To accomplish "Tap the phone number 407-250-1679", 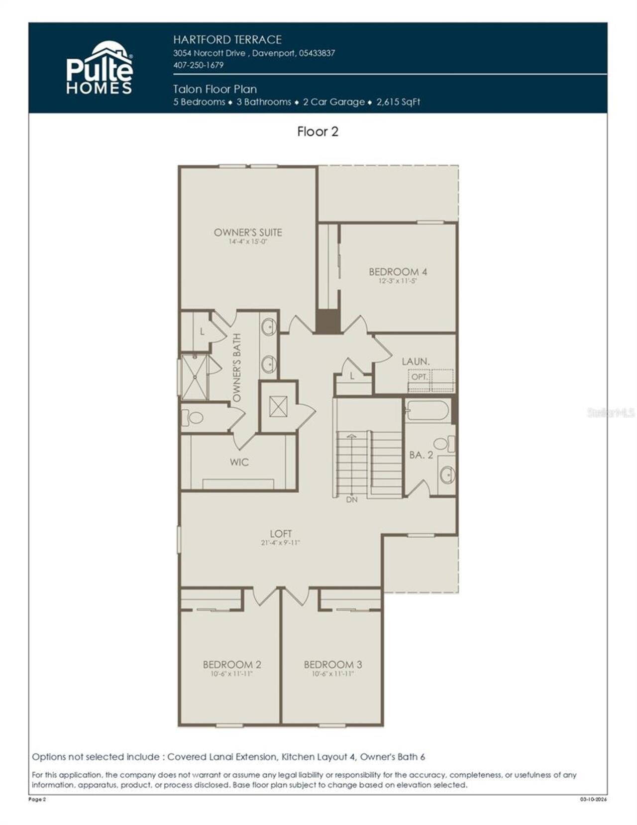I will (x=198, y=65).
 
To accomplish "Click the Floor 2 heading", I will (x=318, y=131).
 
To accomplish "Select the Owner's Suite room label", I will (x=248, y=232).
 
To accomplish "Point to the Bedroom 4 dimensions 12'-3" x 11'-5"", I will (x=397, y=281).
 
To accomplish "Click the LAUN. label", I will (x=416, y=361).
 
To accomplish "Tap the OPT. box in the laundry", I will (x=419, y=377).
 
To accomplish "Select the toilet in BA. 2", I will (x=444, y=443).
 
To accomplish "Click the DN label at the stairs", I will (x=351, y=499).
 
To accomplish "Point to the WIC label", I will (x=239, y=462).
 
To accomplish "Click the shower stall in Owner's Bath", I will (x=194, y=377).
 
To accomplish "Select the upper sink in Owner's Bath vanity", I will (x=269, y=327).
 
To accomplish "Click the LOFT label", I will (x=281, y=533).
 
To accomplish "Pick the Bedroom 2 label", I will (x=231, y=664).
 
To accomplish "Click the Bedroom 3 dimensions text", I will (x=332, y=674).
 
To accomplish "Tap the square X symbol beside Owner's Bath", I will (x=278, y=407).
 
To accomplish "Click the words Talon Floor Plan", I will (x=215, y=89).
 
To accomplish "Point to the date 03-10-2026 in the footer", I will (x=593, y=800).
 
